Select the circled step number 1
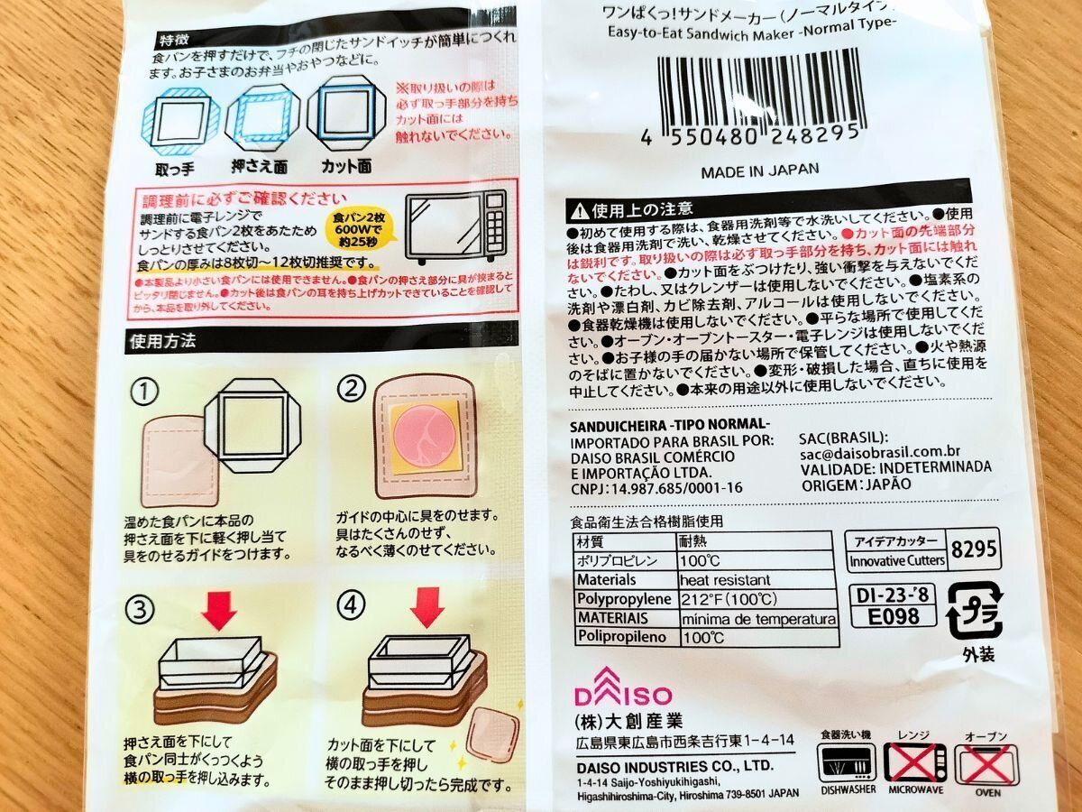[144, 390]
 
